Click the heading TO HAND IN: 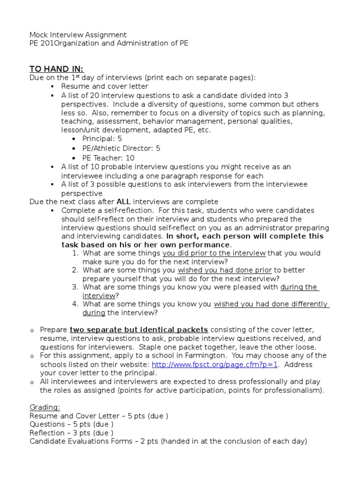56,69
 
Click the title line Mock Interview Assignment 77,35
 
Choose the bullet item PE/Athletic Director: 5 121,148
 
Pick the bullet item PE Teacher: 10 108,158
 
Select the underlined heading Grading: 45,408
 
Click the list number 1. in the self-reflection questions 75,253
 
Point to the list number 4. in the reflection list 75,304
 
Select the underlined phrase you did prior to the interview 214,253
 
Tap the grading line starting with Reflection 71,433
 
